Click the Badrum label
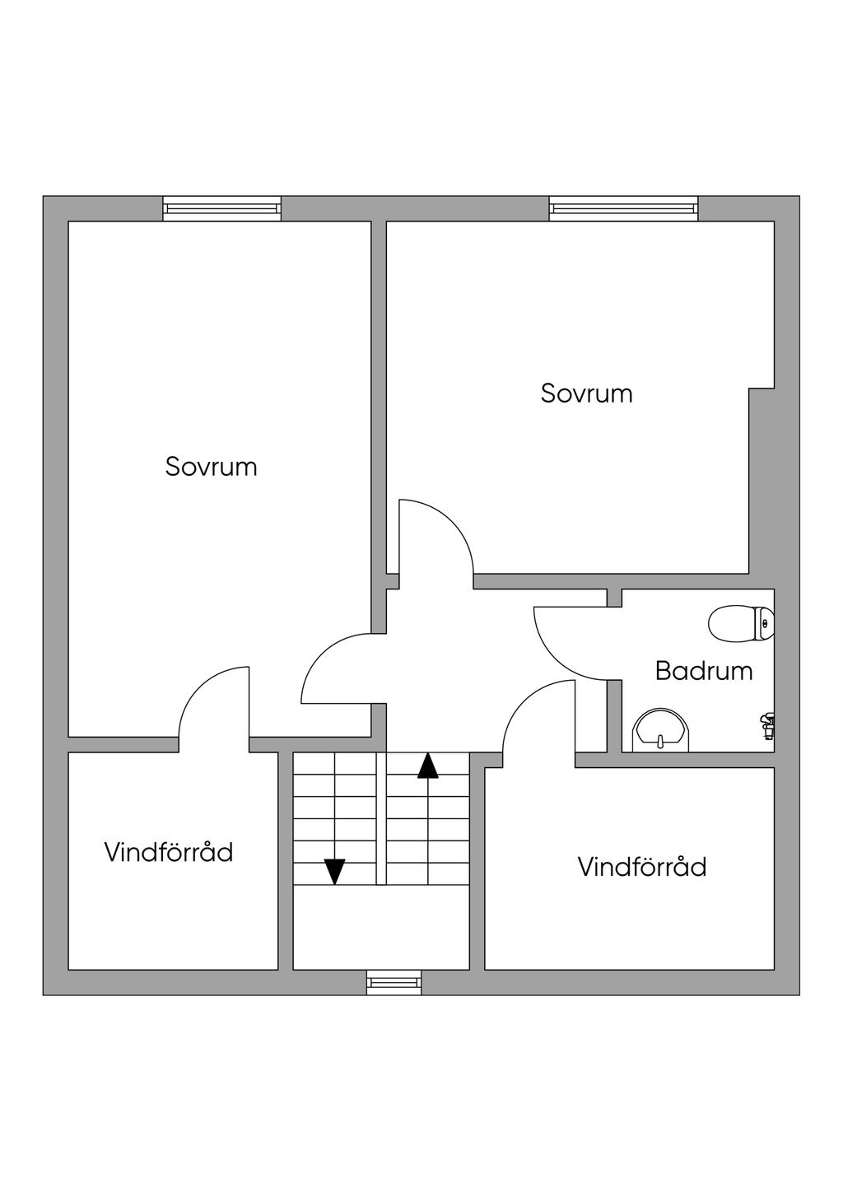(704, 671)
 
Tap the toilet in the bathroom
(741, 624)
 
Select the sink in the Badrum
(661, 730)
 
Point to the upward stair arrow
(427, 766)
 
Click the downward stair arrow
(334, 870)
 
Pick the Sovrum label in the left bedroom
(211, 467)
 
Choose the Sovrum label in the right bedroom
(586, 393)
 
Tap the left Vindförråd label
(169, 852)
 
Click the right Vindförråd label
(642, 867)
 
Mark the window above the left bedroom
(221, 208)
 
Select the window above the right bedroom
(623, 208)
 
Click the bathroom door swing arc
(560, 650)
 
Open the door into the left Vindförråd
(206, 696)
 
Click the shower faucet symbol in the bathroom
(767, 723)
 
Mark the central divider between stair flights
(381, 818)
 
